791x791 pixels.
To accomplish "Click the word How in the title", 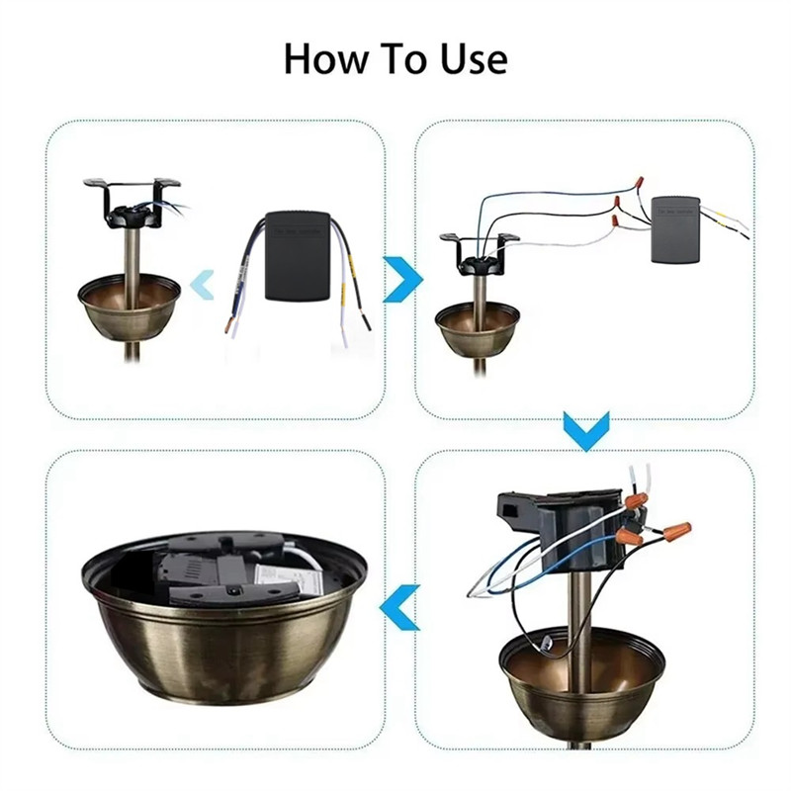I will [323, 59].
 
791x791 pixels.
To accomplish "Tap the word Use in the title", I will [472, 59].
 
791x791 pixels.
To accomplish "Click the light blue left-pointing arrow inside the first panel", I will [202, 285].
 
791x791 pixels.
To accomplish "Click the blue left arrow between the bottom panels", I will [400, 607].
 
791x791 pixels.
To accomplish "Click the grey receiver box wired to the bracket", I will [674, 230].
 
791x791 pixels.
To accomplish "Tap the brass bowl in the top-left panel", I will [130, 307].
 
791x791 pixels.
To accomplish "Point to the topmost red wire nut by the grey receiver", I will [641, 183].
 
